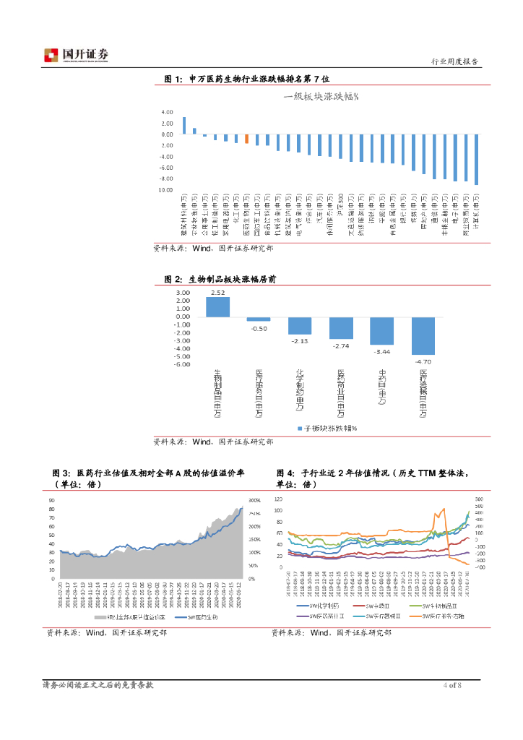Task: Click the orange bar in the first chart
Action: (246, 139)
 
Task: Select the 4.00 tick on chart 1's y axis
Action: (167, 112)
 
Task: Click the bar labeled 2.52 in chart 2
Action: (217, 307)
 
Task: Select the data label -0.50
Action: (259, 328)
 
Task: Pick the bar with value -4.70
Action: (423, 336)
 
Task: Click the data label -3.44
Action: (381, 351)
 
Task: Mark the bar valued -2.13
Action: (300, 326)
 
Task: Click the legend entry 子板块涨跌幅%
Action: (330, 429)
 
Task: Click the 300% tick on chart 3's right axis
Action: (254, 500)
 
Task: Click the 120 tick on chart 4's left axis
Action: (278, 500)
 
